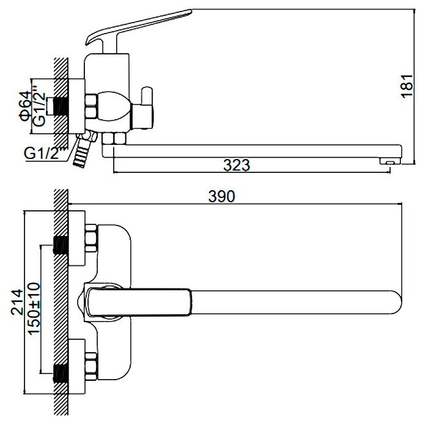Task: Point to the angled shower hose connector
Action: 81,149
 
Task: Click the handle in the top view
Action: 141,302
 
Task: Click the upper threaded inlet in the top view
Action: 62,245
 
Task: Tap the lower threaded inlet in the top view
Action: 62,370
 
